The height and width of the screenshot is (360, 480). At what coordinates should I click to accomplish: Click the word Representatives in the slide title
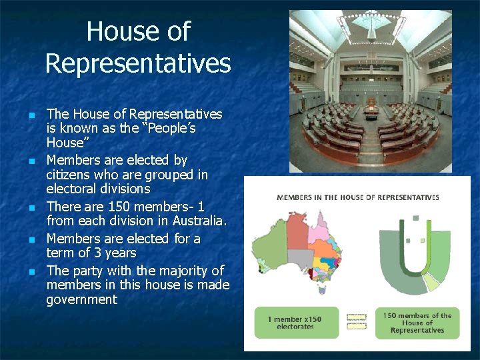coord(138,63)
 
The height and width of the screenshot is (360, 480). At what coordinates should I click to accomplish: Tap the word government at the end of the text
coord(81,299)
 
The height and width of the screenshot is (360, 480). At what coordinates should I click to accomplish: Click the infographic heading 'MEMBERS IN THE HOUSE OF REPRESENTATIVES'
coord(357,197)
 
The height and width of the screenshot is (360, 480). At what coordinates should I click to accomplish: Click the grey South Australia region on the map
coord(300,259)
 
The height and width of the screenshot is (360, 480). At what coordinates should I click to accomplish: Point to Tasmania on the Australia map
coord(323,289)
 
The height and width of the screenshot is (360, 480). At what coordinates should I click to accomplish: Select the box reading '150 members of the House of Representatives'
coord(417,323)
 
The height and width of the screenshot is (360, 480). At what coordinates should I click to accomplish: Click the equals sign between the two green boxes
coord(357,322)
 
